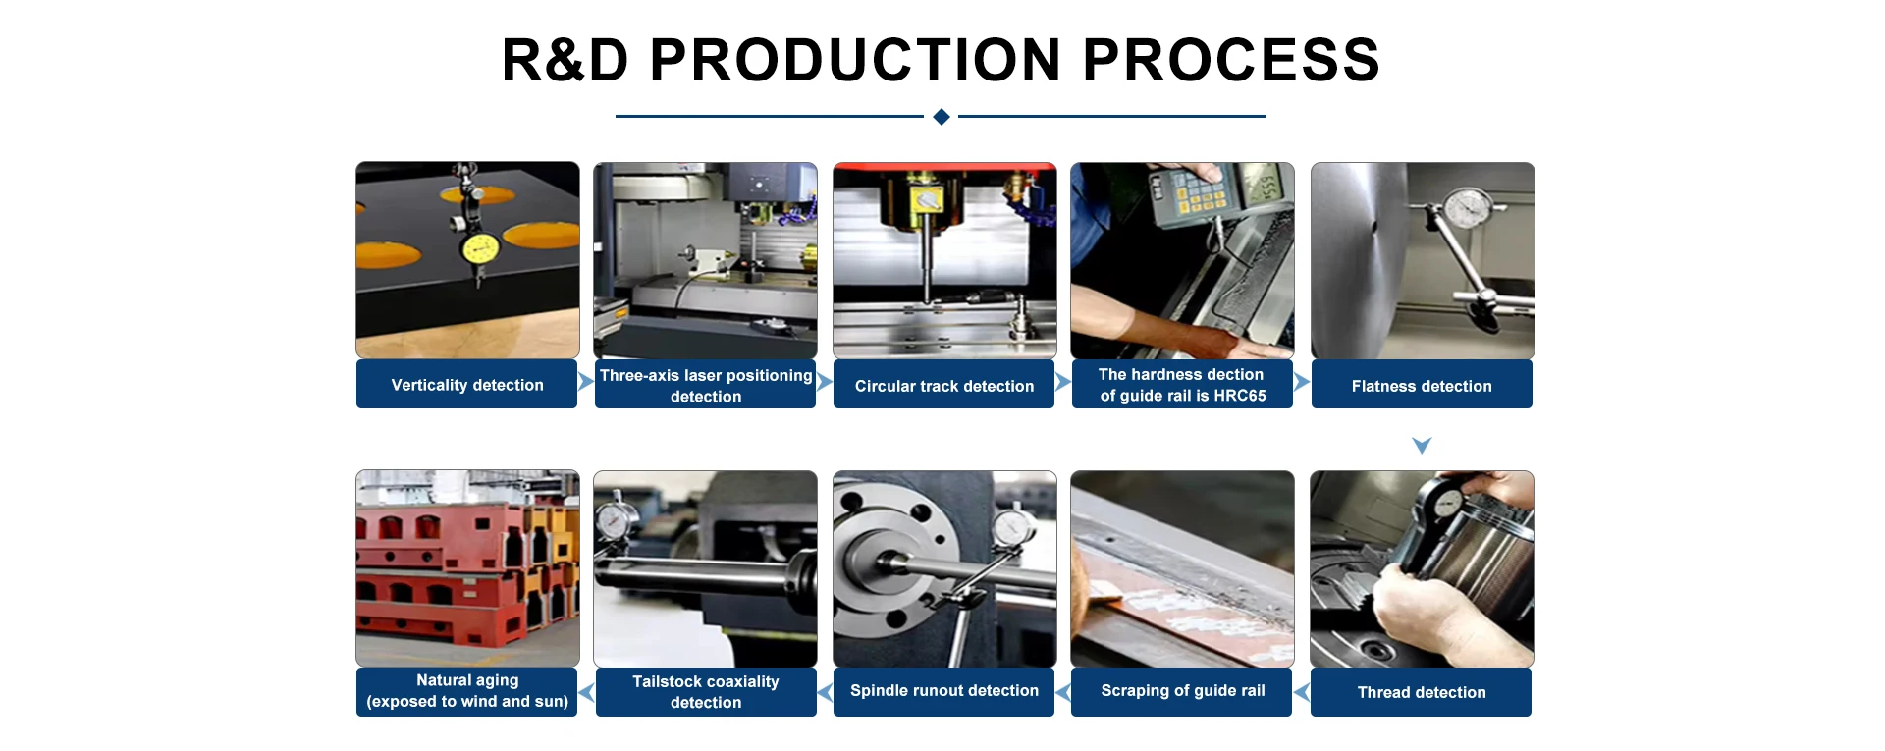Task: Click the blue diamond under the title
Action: click(941, 117)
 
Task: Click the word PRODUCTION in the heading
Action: click(855, 60)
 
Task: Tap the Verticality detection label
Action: click(466, 385)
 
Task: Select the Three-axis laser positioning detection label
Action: click(705, 385)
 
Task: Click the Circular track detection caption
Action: click(943, 386)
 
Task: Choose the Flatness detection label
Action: click(1421, 386)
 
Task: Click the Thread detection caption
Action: click(1421, 692)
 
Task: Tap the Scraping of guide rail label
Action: click(1182, 691)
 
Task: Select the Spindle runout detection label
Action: click(943, 691)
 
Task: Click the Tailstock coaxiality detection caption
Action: click(705, 692)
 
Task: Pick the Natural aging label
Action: click(466, 680)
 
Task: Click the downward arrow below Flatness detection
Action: click(1421, 446)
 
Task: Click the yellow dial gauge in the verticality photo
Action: click(479, 248)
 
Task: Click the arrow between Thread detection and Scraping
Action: click(1302, 693)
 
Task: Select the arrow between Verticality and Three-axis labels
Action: click(585, 382)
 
